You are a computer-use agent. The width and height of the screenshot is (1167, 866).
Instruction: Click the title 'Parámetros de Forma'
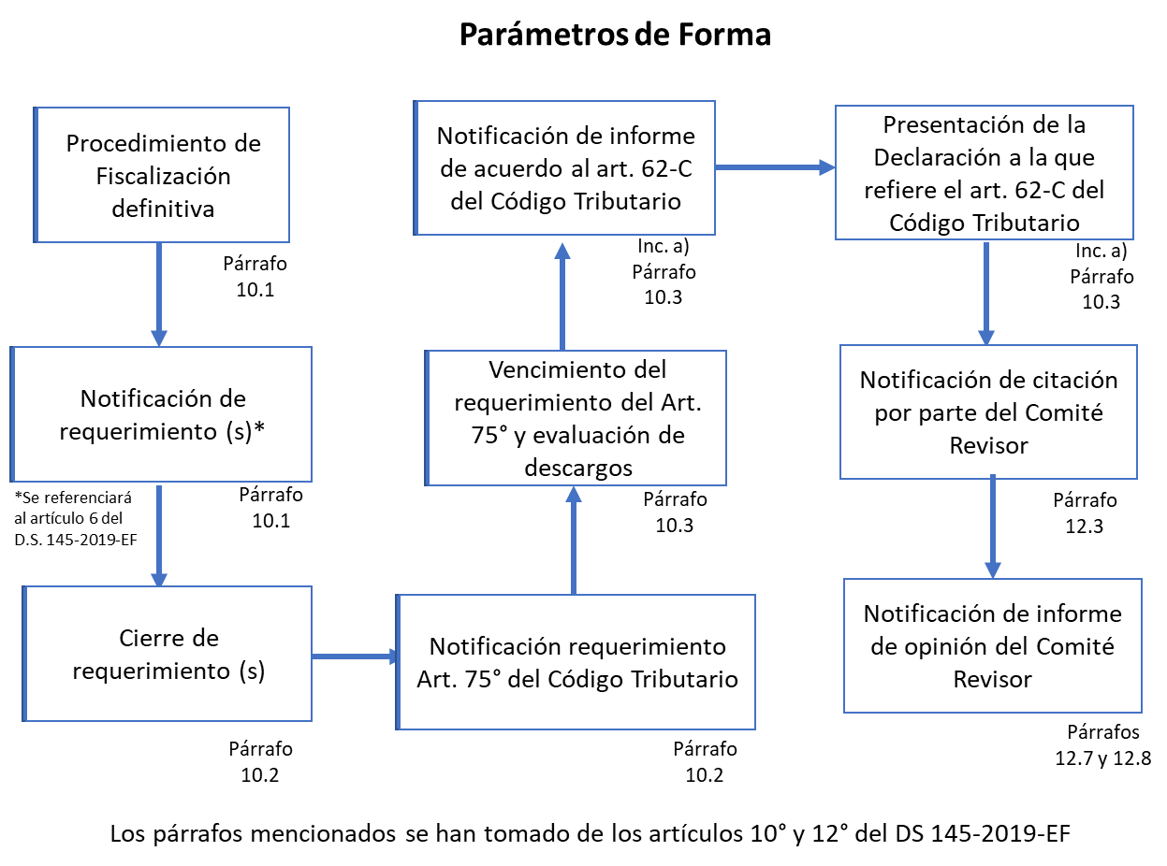615,35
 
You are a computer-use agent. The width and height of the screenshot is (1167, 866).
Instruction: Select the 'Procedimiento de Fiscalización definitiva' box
162,175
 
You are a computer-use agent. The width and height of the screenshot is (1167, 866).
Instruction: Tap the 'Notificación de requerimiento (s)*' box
161,414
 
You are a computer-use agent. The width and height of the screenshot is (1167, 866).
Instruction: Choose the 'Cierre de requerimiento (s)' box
167,654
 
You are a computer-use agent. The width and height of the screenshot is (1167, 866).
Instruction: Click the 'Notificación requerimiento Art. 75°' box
576,662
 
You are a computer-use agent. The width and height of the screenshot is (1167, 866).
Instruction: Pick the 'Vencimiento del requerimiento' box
576,418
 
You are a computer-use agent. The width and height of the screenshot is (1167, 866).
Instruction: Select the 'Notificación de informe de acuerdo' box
564,167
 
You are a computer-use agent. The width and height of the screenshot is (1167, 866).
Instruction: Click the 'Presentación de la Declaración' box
985,172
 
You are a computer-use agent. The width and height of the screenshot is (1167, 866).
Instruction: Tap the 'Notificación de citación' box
988,411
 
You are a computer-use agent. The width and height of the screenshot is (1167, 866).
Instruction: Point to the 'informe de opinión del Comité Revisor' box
993,645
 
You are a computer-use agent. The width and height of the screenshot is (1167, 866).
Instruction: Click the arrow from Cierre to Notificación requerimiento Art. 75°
355,657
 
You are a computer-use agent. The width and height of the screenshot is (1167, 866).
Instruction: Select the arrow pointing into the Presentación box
776,167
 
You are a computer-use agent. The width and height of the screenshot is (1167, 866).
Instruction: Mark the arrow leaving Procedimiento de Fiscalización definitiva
159,295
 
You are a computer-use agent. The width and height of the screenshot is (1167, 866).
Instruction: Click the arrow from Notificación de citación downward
993,527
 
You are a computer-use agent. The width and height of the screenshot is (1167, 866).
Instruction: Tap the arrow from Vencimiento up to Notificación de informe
562,296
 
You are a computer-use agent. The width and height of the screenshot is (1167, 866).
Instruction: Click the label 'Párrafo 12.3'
1085,512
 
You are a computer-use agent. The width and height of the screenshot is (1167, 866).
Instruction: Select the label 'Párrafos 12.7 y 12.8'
1102,745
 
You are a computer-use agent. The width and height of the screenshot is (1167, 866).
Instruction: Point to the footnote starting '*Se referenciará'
75,518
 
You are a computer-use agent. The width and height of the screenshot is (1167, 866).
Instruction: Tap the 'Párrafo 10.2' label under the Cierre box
260,762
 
